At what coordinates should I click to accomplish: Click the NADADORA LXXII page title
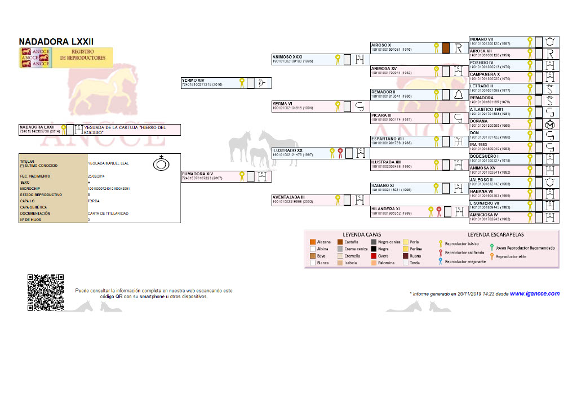point(56,42)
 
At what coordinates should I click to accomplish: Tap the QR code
point(46,292)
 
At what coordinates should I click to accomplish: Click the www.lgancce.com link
point(534,294)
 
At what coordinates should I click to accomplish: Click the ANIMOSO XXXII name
point(287,57)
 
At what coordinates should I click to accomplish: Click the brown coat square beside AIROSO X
point(445,48)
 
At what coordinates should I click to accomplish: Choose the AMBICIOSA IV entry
point(483,215)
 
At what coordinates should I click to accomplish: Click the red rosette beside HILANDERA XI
point(438,211)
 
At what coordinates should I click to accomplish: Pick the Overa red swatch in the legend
point(373,256)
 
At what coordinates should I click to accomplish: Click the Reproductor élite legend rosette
point(491,256)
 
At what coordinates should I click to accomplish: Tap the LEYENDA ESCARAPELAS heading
point(496,234)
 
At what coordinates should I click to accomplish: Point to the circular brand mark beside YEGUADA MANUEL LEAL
point(162,163)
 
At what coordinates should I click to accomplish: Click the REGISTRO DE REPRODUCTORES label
point(83,55)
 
